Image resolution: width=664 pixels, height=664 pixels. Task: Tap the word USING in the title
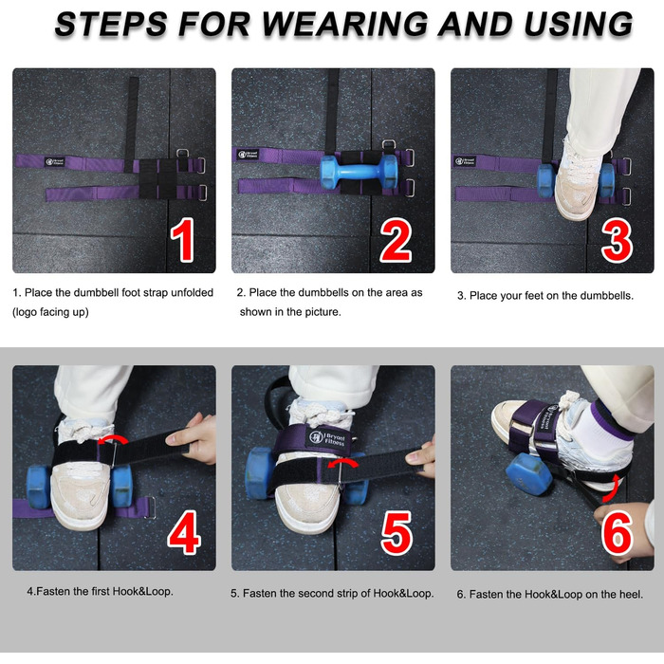click(578, 24)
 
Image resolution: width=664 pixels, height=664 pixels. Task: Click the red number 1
click(183, 240)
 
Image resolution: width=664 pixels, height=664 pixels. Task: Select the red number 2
click(396, 240)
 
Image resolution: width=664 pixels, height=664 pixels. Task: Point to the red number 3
click(617, 240)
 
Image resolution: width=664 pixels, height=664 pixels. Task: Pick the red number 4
click(184, 533)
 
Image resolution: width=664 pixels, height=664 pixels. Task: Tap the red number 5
click(397, 533)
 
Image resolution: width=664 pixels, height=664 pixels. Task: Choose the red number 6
click(617, 533)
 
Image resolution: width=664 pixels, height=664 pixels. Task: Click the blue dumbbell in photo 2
click(360, 172)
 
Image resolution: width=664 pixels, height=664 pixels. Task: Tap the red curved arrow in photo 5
click(343, 462)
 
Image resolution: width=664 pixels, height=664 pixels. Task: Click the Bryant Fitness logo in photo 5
click(326, 437)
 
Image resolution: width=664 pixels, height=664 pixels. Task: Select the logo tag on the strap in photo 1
click(55, 161)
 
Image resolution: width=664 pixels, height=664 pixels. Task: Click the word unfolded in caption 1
click(193, 292)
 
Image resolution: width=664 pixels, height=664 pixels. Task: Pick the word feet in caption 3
click(534, 296)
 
